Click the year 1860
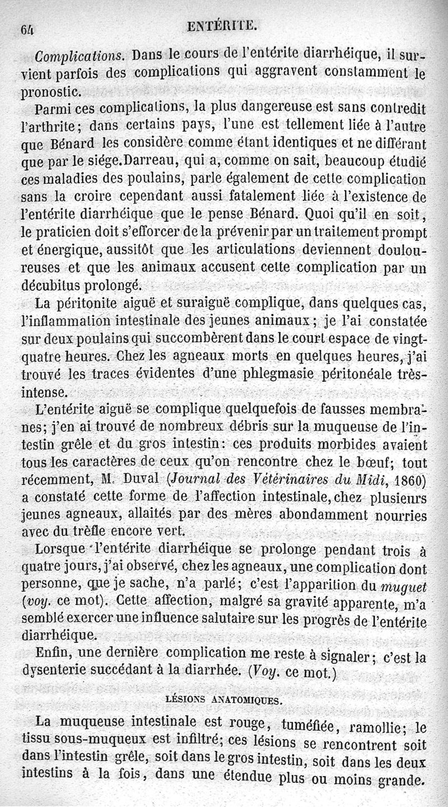coord(405,480)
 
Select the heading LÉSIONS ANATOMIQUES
coord(224,699)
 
